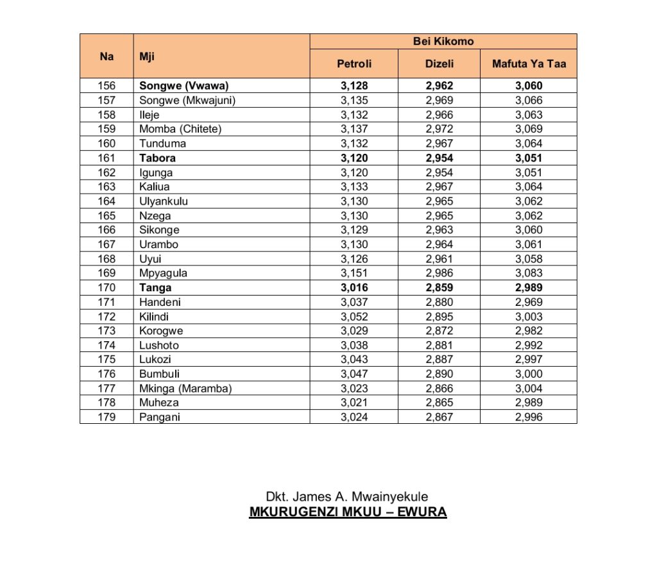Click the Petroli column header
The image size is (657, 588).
click(354, 63)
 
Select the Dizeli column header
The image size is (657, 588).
click(439, 63)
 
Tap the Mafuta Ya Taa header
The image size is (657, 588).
click(529, 63)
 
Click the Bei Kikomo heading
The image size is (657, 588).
click(443, 41)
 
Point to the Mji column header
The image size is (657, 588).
click(147, 56)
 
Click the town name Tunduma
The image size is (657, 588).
click(163, 144)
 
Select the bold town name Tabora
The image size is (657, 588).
click(157, 158)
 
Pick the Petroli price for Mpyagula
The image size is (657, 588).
click(354, 273)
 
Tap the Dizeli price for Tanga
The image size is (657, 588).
click(439, 288)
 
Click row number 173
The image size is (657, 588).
click(107, 331)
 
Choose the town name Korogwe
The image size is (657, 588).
click(161, 331)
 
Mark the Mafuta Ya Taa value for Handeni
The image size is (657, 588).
click(529, 302)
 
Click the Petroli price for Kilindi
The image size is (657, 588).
click(354, 317)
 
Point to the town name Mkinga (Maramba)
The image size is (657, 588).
click(185, 389)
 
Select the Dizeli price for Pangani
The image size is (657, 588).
click(439, 417)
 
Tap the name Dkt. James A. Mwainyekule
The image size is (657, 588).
click(347, 497)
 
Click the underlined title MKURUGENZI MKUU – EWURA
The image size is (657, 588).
click(348, 512)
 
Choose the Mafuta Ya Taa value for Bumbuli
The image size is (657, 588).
click(529, 374)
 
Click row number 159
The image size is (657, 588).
click(107, 129)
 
